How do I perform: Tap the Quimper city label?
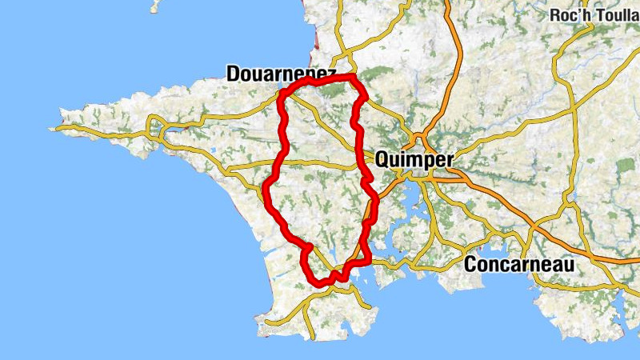coord(414,159)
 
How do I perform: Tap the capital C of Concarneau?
coord(472,265)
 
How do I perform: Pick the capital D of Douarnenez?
coord(234,74)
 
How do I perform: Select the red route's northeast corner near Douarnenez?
coord(353,78)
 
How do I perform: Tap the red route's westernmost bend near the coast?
coord(267,189)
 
